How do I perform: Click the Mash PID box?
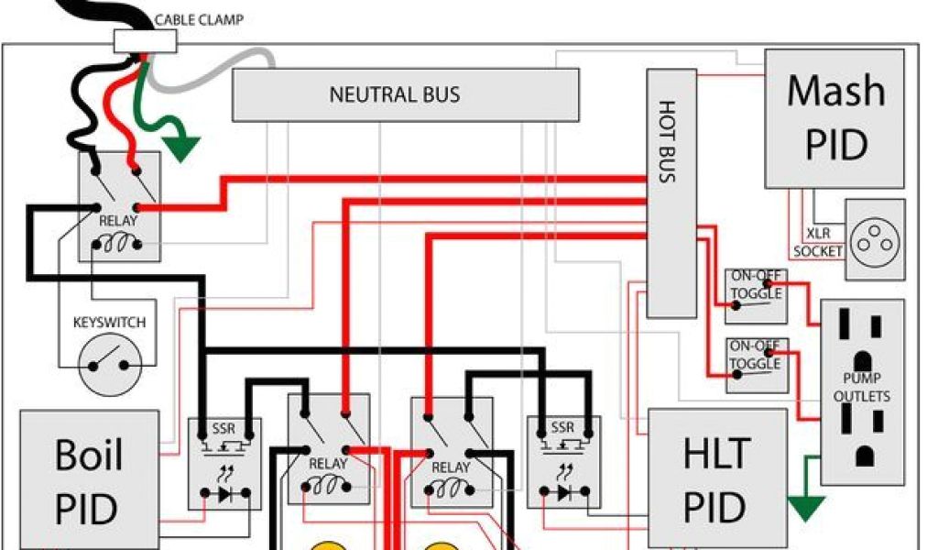pos(834,118)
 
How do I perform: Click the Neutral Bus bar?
pos(405,94)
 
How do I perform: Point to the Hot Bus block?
pos(671,193)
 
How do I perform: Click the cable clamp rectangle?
pos(144,40)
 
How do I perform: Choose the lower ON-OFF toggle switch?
pos(756,365)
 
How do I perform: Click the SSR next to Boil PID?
pos(224,463)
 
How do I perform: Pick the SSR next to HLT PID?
pos(563,463)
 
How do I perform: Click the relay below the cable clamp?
pos(119,206)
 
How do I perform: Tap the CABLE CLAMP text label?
pos(199,19)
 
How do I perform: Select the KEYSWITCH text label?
pos(109,324)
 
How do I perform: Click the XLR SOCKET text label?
pos(817,243)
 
